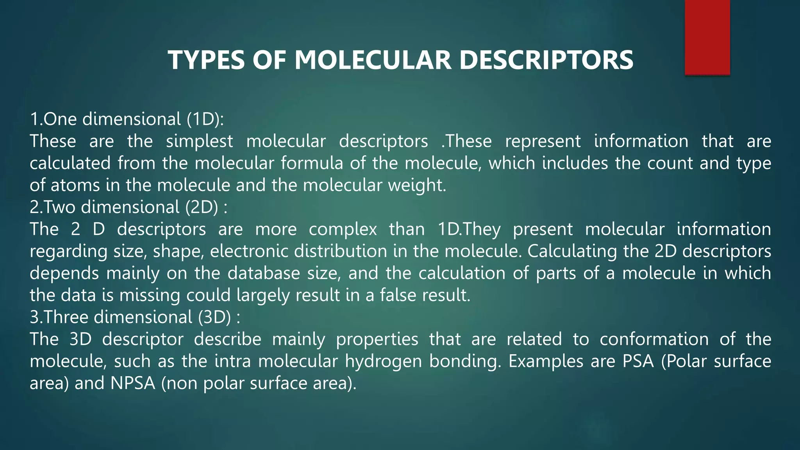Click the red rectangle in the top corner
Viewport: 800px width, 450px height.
click(x=707, y=37)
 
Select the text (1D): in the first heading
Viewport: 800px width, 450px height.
click(x=205, y=119)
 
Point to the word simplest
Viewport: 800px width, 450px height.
click(x=199, y=141)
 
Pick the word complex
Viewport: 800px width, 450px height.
click(x=343, y=229)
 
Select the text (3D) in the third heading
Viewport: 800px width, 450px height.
click(x=214, y=317)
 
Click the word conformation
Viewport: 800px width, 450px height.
click(x=654, y=339)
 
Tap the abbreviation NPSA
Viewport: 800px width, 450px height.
click(x=133, y=383)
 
